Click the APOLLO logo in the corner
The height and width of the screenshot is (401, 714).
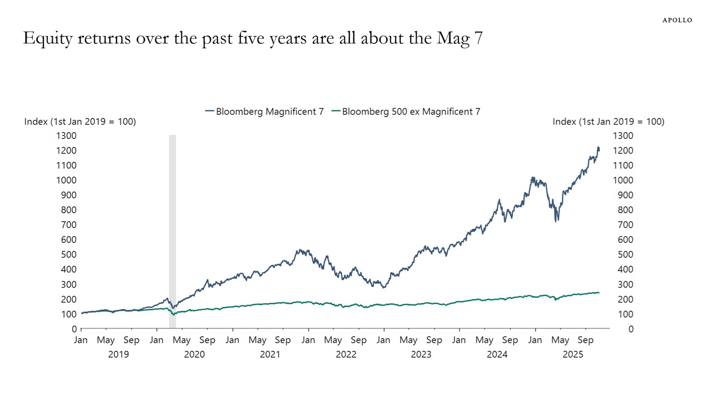point(677,20)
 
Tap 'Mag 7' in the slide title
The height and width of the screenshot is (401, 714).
point(459,39)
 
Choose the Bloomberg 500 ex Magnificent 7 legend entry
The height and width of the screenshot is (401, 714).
point(406,111)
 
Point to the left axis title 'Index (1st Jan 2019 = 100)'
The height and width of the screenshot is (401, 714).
point(80,122)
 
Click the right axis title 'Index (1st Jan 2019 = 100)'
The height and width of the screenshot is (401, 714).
point(608,122)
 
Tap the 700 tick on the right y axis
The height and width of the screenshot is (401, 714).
point(623,225)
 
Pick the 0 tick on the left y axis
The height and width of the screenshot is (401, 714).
point(74,329)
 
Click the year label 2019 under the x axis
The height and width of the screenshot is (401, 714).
point(118,355)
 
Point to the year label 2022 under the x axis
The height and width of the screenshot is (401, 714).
point(346,355)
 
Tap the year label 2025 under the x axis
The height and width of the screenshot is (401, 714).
point(572,355)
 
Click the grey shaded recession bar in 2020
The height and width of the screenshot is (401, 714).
point(172,230)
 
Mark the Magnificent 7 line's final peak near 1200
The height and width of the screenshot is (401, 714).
point(598,148)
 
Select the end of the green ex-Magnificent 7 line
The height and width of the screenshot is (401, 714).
point(598,292)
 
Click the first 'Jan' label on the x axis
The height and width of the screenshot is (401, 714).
point(81,340)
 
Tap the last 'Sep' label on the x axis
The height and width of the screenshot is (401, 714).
point(585,340)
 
